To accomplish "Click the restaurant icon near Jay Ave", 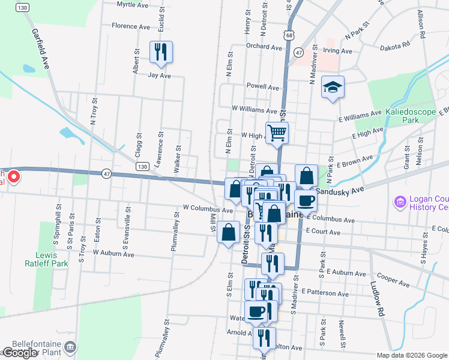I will [x=160, y=52].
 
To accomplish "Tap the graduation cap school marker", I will [x=332, y=88].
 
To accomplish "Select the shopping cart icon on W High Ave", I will [x=277, y=133].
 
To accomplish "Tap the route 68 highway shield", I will [x=289, y=37].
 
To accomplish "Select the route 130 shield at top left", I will [x=22, y=7].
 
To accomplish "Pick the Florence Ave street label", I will [x=131, y=26].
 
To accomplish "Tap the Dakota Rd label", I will [x=397, y=44].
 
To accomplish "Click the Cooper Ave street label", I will [x=393, y=279].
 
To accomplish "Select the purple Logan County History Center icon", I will [x=400, y=202].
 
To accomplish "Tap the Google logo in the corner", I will [x=20, y=353].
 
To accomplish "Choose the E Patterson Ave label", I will [x=325, y=293].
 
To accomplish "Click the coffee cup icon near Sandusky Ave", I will [x=306, y=200].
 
